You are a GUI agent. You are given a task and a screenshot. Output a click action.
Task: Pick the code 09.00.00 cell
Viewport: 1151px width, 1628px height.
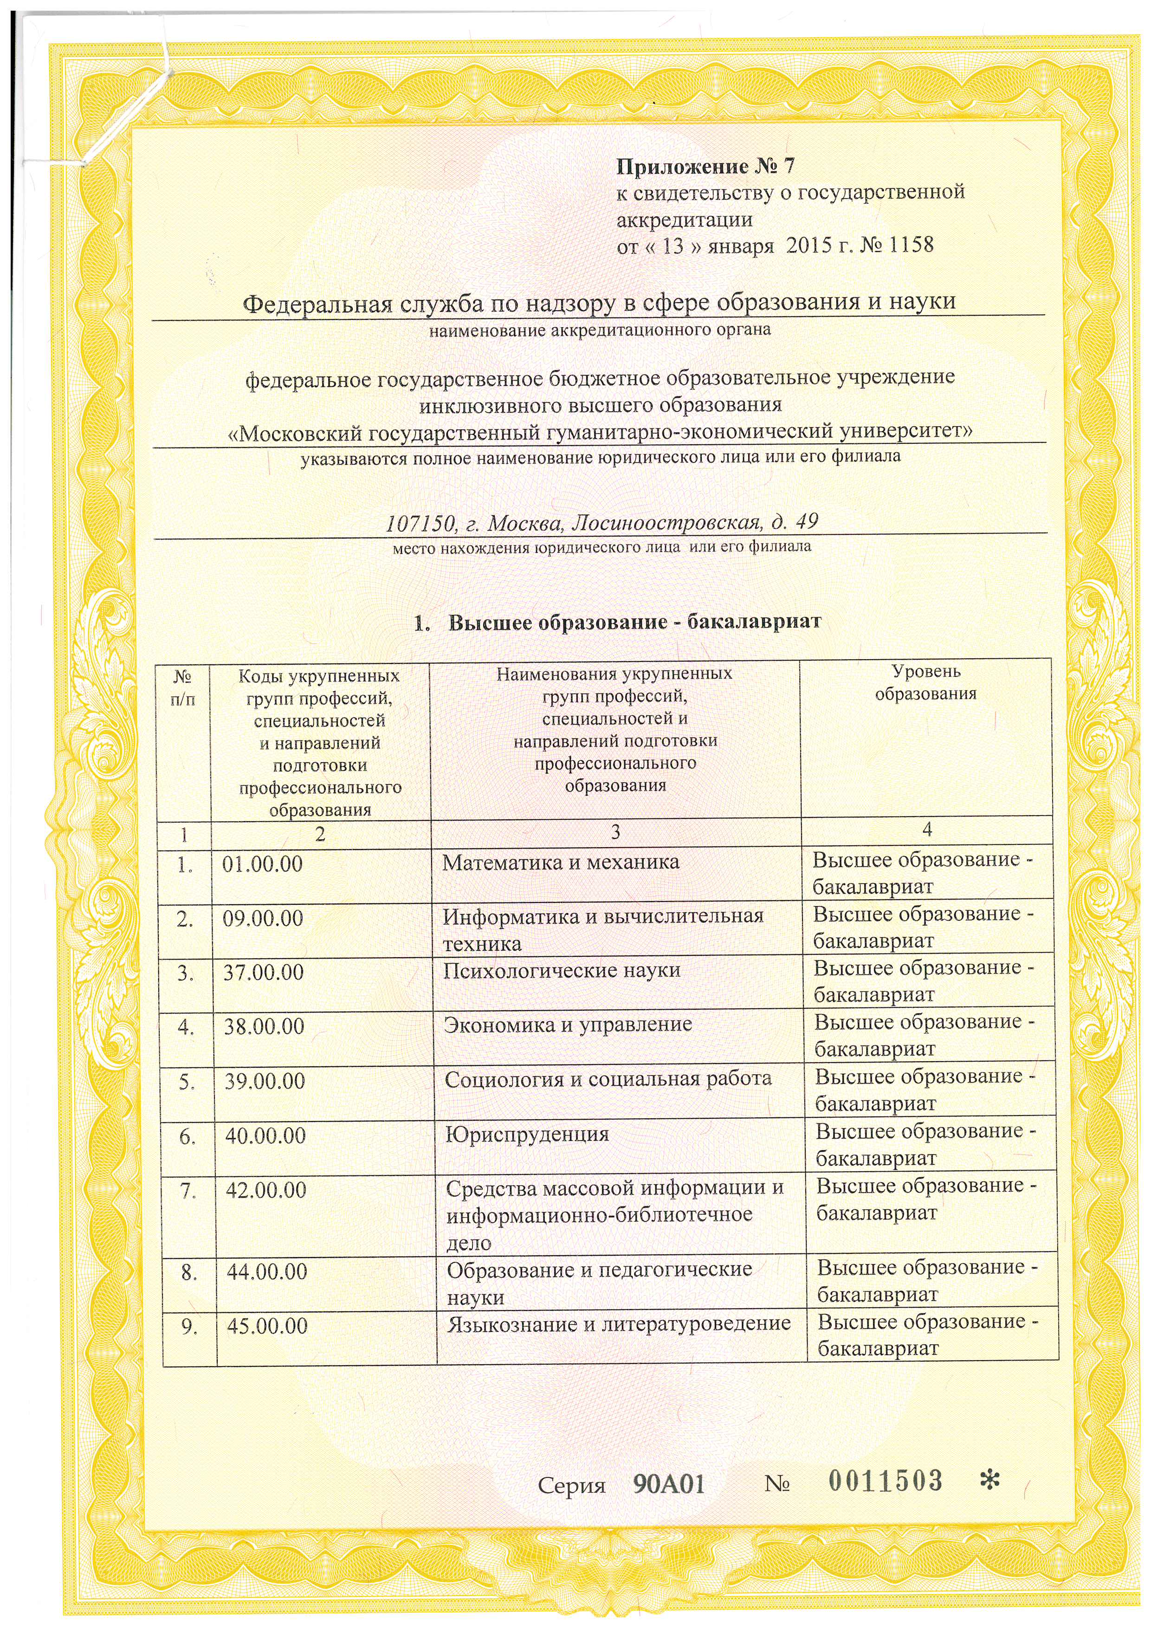263,919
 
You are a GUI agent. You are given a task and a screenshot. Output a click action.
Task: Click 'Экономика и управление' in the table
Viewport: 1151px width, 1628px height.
568,1025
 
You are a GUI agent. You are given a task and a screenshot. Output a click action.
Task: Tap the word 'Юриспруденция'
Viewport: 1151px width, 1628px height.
527,1135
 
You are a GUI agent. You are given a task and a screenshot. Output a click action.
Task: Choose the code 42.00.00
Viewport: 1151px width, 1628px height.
266,1190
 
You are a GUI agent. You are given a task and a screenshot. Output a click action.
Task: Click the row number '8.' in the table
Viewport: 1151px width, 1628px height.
188,1273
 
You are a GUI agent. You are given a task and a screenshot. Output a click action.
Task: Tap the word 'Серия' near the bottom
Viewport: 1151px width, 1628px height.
571,1485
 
